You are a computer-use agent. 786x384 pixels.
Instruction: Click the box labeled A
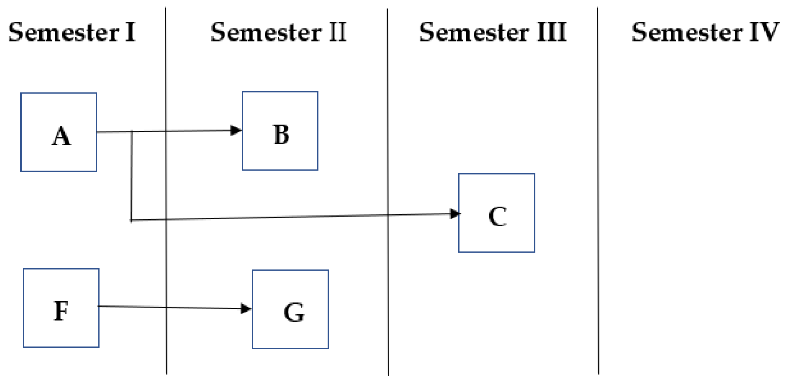[58, 132]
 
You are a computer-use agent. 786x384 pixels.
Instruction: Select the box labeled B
[280, 131]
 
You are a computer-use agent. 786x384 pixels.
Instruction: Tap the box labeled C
[496, 213]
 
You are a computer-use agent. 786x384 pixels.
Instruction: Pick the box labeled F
[61, 308]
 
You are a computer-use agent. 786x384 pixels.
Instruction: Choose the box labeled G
[290, 309]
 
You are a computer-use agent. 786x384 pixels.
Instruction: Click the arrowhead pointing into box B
[237, 130]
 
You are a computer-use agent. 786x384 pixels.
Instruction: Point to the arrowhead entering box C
[455, 214]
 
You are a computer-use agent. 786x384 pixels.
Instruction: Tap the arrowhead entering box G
[247, 309]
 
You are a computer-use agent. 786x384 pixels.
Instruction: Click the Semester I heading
[72, 33]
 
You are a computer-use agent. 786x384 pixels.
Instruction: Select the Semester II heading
[278, 33]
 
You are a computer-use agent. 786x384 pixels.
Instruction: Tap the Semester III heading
[493, 33]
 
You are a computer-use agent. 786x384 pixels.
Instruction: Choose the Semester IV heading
[705, 33]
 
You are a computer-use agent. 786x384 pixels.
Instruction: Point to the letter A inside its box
[61, 137]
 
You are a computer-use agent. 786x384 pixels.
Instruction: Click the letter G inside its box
[294, 313]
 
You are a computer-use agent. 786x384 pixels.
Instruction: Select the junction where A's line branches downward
[132, 132]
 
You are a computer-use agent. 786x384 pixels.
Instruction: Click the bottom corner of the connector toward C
[132, 220]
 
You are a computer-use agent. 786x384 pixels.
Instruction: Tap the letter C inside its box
[497, 217]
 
